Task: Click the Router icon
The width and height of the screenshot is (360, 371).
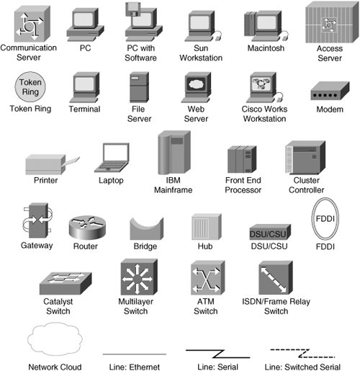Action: click(x=87, y=228)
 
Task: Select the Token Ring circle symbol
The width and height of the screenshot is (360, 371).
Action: click(x=30, y=87)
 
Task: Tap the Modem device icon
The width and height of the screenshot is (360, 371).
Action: click(x=330, y=91)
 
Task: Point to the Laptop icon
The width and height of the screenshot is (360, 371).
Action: click(x=112, y=158)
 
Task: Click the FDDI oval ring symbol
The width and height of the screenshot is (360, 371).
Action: click(x=312, y=218)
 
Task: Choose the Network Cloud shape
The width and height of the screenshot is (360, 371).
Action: click(x=55, y=339)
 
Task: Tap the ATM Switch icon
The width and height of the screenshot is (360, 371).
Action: click(x=207, y=278)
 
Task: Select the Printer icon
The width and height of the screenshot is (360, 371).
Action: click(x=53, y=164)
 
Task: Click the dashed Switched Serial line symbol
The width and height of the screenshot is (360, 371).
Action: click(x=302, y=353)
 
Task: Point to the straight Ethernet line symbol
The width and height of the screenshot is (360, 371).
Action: click(x=135, y=354)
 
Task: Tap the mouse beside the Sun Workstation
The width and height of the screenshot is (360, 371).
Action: click(x=218, y=37)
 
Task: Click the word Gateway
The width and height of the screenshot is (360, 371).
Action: click(x=37, y=246)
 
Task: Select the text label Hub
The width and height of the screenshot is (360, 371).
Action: click(x=205, y=246)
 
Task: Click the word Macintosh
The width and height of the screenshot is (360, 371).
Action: click(x=266, y=48)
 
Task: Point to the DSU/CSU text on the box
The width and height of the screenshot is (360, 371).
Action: click(x=268, y=234)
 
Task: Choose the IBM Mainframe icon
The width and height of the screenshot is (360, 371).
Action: click(x=174, y=152)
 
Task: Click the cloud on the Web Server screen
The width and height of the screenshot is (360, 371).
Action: click(x=196, y=84)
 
